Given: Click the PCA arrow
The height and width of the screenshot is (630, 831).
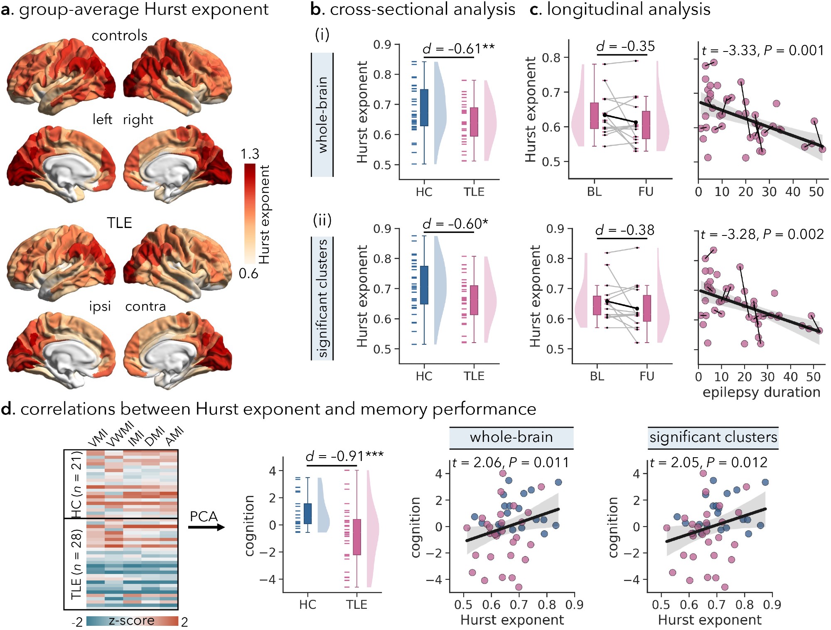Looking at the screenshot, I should [x=207, y=527].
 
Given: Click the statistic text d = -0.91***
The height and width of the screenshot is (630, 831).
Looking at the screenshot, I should [x=344, y=456].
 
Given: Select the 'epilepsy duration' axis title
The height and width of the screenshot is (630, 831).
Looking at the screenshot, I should [x=761, y=392].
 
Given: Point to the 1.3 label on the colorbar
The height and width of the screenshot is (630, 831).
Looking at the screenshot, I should [x=250, y=154].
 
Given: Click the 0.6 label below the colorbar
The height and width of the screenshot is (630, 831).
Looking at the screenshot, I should [x=248, y=274].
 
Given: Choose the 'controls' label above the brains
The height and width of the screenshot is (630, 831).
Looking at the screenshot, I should [x=120, y=36].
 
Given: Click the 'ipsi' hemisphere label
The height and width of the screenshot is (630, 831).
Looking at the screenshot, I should [x=100, y=306].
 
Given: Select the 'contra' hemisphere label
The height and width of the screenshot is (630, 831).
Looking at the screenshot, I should [x=145, y=306].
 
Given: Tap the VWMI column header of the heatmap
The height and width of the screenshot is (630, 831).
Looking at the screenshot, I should [x=120, y=434].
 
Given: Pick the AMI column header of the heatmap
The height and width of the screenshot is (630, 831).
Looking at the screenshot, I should [x=175, y=436].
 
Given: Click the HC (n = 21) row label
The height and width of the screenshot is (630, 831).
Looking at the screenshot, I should [x=76, y=484].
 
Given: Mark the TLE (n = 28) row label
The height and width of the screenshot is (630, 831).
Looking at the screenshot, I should [x=76, y=564].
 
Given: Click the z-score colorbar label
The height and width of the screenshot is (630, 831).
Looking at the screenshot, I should [x=131, y=620].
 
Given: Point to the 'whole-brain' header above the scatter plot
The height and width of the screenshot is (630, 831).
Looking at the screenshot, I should [x=511, y=437].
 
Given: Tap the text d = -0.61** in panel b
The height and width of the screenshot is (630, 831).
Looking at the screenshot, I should [x=458, y=49].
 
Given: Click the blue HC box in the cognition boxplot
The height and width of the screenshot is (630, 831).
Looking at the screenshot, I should [x=307, y=514].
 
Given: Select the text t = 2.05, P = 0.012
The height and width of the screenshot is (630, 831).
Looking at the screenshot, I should [x=708, y=462].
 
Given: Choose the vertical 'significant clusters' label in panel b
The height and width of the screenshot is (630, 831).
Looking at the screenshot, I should [x=322, y=298].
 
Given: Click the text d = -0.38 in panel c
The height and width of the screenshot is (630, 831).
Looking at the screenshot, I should [x=624, y=230].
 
